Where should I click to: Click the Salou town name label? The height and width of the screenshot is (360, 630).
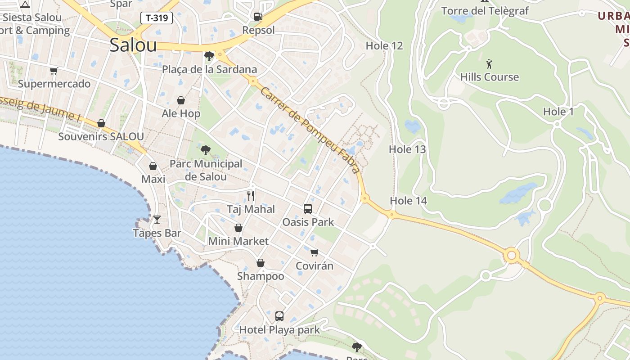pyautogui.click(x=133, y=45)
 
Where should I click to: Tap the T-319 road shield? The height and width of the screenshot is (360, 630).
pyautogui.click(x=157, y=18)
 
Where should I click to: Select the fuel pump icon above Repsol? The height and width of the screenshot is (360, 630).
pyautogui.click(x=258, y=17)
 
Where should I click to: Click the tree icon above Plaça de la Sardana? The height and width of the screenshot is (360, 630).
pyautogui.click(x=209, y=56)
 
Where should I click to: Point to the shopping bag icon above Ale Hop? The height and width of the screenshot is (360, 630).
pyautogui.click(x=181, y=100)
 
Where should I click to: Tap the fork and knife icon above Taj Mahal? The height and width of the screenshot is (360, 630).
pyautogui.click(x=251, y=196)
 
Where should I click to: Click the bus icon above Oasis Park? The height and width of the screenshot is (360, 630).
pyautogui.click(x=308, y=209)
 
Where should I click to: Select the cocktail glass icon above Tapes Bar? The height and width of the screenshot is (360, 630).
pyautogui.click(x=157, y=220)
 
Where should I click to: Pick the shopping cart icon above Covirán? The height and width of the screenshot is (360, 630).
pyautogui.click(x=315, y=252)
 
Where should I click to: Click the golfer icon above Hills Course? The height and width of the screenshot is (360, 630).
pyautogui.click(x=489, y=63)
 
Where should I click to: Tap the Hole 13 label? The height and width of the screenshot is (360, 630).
pyautogui.click(x=407, y=149)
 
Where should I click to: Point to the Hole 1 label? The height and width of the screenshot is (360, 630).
pyautogui.click(x=558, y=112)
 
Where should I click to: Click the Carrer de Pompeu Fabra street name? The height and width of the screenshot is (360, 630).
pyautogui.click(x=310, y=130)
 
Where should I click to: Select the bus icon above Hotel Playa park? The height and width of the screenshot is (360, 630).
pyautogui.click(x=279, y=316)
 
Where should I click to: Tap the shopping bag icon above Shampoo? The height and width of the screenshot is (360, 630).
pyautogui.click(x=261, y=263)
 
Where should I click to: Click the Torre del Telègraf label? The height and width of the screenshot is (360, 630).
pyautogui.click(x=485, y=11)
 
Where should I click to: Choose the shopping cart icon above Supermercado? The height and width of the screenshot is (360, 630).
pyautogui.click(x=54, y=71)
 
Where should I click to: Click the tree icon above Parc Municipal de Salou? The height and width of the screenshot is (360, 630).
pyautogui.click(x=206, y=150)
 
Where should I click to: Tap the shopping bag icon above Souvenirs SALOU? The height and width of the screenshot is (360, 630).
pyautogui.click(x=101, y=123)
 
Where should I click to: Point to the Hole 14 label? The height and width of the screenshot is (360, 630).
pyautogui.click(x=409, y=201)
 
